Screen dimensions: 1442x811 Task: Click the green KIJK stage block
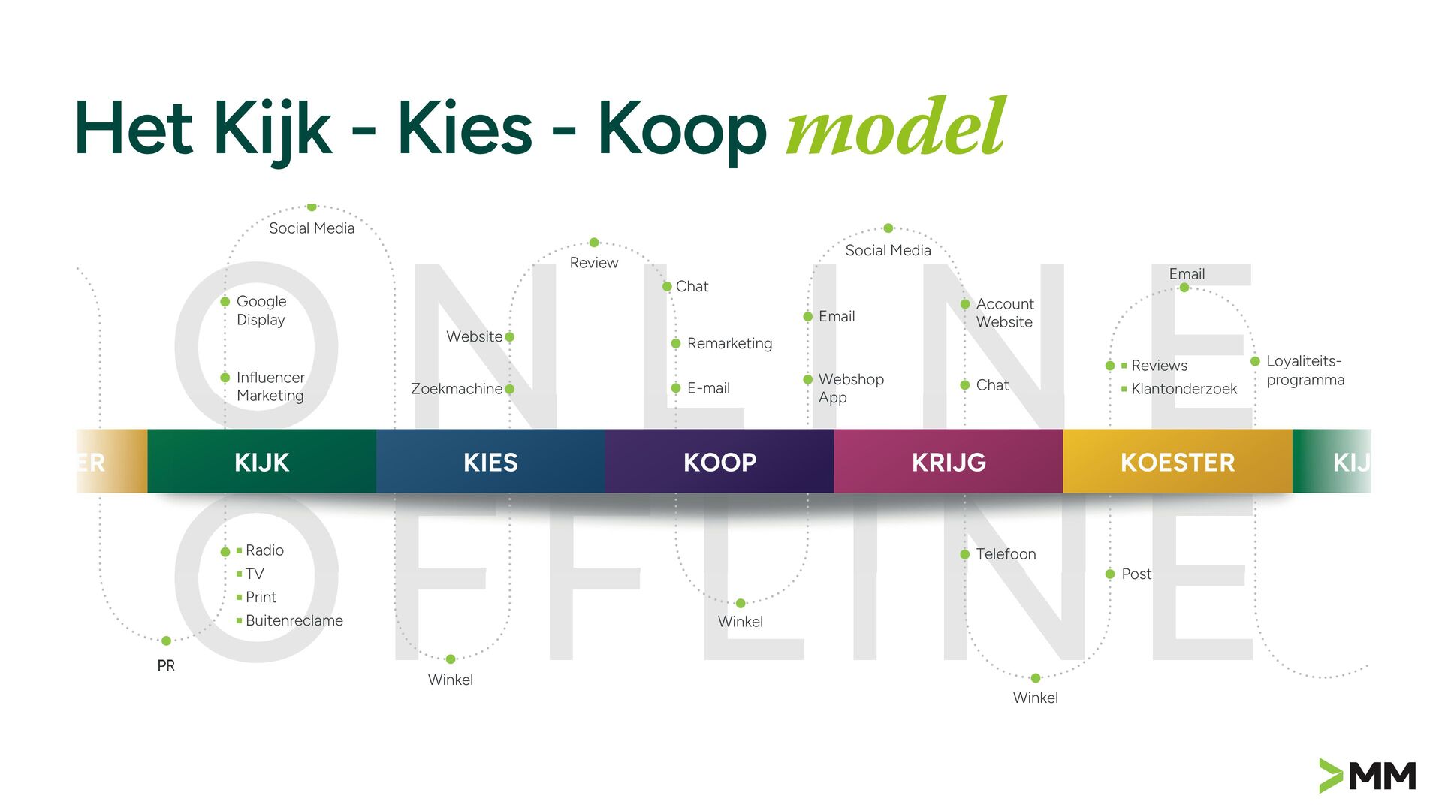pyautogui.click(x=261, y=462)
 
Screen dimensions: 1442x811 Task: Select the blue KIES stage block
pyautogui.click(x=490, y=462)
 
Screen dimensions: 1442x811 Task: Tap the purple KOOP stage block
pyautogui.click(x=719, y=462)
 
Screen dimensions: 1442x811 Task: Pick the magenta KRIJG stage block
pyautogui.click(x=949, y=462)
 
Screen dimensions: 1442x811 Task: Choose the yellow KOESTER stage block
pyautogui.click(x=1178, y=462)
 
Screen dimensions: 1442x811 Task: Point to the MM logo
pyautogui.click(x=1368, y=776)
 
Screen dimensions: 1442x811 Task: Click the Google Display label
pyautogui.click(x=261, y=310)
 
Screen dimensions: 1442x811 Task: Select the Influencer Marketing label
pyautogui.click(x=270, y=386)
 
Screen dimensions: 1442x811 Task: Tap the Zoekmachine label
pyautogui.click(x=457, y=389)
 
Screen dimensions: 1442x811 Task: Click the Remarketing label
pyautogui.click(x=729, y=343)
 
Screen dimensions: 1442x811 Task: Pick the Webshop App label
pyautogui.click(x=851, y=388)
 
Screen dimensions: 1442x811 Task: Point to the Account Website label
pyautogui.click(x=1005, y=312)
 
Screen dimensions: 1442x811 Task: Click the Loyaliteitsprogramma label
pyautogui.click(x=1305, y=370)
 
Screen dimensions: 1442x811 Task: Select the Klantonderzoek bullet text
pyautogui.click(x=1184, y=389)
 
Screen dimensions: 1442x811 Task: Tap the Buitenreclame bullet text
pyautogui.click(x=294, y=620)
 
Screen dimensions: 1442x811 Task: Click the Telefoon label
pyautogui.click(x=1006, y=554)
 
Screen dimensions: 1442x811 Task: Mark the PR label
pyautogui.click(x=166, y=665)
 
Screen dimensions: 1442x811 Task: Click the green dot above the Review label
pyautogui.click(x=594, y=243)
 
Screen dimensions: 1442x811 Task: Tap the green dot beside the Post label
pyautogui.click(x=1110, y=574)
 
